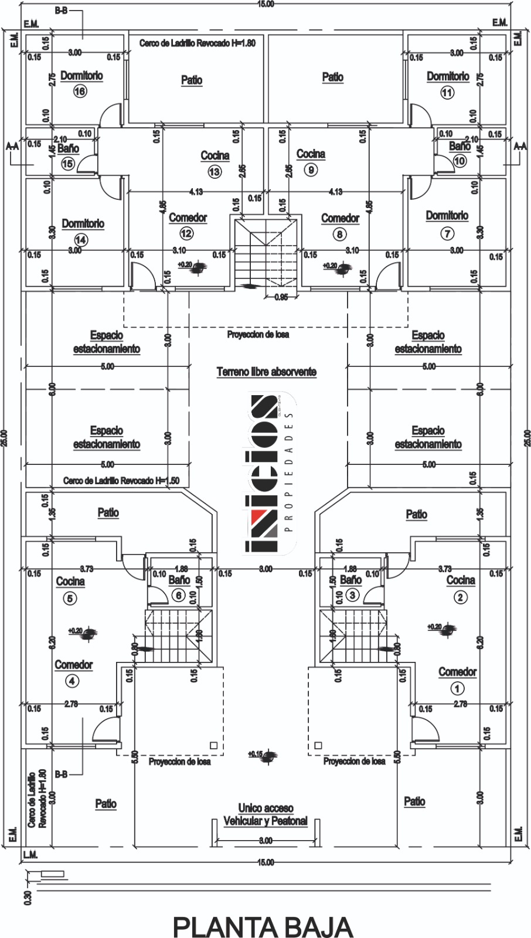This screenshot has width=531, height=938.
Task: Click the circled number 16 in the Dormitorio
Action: coord(80,91)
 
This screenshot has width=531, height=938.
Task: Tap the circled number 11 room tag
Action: coord(447,92)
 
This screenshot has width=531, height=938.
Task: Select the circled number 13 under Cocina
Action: coord(214,171)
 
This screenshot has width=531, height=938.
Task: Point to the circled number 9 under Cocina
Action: coord(311,170)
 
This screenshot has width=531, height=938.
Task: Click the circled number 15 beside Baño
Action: coord(68,164)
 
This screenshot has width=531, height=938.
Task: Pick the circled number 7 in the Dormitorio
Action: coord(447,233)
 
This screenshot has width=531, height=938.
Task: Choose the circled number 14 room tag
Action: coord(81,239)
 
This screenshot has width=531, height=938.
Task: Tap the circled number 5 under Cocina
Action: coord(70,599)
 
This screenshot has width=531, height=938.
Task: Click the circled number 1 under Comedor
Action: coord(457,688)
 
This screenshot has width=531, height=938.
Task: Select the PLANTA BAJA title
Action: coord(263,927)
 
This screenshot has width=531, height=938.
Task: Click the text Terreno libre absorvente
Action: coord(267,372)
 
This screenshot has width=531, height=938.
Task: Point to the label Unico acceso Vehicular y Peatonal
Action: coord(265,815)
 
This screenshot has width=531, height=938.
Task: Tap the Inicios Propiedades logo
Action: coord(268,474)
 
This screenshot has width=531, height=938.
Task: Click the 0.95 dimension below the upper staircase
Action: coord(281,297)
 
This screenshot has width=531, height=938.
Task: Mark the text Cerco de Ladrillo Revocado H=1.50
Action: coord(121,481)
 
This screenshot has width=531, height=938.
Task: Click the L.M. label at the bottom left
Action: coord(30,855)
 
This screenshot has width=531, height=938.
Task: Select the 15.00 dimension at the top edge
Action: coord(265,4)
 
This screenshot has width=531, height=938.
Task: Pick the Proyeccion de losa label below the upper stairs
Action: coord(258,335)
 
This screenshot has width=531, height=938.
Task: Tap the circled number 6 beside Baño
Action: coord(179,595)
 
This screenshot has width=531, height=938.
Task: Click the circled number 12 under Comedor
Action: coord(186,233)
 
